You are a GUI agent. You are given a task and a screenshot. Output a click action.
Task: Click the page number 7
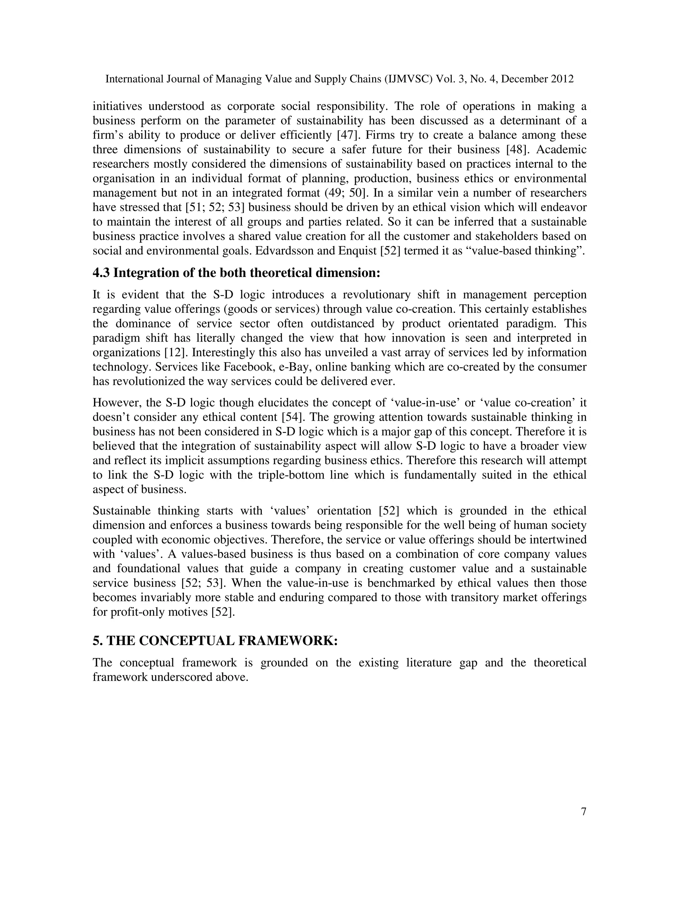[x=583, y=812]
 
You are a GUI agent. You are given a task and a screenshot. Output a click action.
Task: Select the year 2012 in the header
[x=562, y=79]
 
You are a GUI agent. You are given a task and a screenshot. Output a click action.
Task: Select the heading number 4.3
[x=101, y=273]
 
